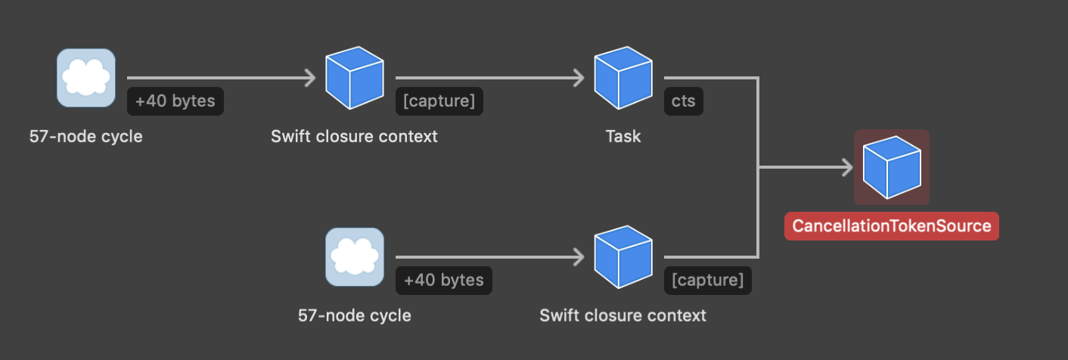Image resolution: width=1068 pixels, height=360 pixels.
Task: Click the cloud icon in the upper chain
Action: point(86,77)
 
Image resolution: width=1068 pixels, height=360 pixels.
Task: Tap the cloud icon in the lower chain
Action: point(355,257)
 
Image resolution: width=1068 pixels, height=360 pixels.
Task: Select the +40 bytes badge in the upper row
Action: point(175,101)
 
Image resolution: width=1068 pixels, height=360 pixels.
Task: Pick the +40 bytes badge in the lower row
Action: point(444,281)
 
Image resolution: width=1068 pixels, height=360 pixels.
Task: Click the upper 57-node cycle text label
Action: point(86,137)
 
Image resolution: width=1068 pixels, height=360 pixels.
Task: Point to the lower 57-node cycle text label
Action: point(355,315)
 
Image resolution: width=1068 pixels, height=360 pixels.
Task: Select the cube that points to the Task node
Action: point(355,77)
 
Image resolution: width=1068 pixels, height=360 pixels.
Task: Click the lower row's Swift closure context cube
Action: point(623,257)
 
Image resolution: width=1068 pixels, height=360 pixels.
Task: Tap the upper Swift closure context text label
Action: point(354,137)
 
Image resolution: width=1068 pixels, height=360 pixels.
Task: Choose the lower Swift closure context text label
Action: point(622,315)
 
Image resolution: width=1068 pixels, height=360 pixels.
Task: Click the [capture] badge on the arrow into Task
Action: point(439,101)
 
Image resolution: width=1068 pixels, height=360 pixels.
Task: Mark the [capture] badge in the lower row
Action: point(708,281)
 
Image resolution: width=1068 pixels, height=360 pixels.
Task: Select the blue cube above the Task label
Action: point(623,77)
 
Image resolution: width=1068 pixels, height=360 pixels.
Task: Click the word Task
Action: point(623,137)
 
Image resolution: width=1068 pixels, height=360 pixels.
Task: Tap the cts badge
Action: point(684,101)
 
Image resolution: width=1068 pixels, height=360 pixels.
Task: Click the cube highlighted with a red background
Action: point(892,167)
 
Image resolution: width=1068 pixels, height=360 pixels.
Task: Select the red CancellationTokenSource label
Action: point(892,226)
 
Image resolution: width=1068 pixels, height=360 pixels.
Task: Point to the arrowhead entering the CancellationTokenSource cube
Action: point(846,168)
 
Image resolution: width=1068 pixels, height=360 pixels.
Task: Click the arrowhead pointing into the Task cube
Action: point(579,77)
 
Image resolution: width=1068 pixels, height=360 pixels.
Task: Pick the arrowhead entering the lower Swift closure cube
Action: point(579,257)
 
